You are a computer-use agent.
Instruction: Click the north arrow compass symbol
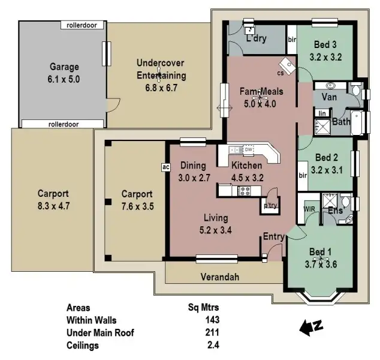tap(310, 327)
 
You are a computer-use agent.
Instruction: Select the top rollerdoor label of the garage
tap(82, 25)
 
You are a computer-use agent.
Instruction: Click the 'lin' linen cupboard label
tap(322, 113)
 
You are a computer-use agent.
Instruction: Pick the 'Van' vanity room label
tap(328, 97)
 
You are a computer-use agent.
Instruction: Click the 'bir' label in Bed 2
tap(302, 176)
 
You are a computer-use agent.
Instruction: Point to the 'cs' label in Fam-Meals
tap(280, 73)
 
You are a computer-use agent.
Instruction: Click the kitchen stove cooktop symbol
tap(245, 191)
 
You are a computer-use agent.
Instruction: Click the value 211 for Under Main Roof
tap(211, 332)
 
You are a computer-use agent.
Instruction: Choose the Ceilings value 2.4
tap(212, 345)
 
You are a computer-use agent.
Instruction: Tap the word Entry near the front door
tap(273, 237)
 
